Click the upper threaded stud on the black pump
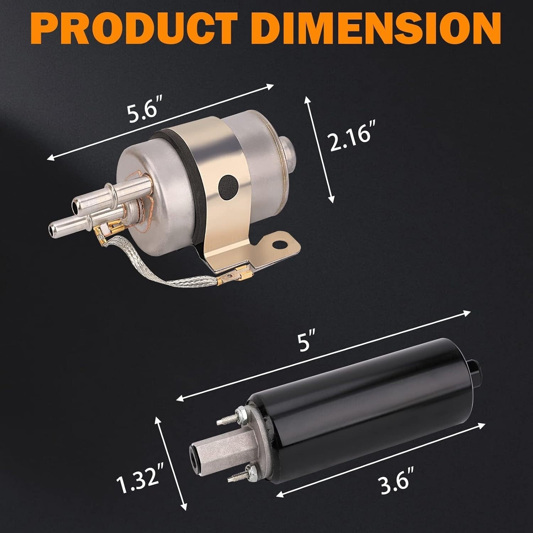[227, 418]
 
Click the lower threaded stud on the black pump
[236, 474]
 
